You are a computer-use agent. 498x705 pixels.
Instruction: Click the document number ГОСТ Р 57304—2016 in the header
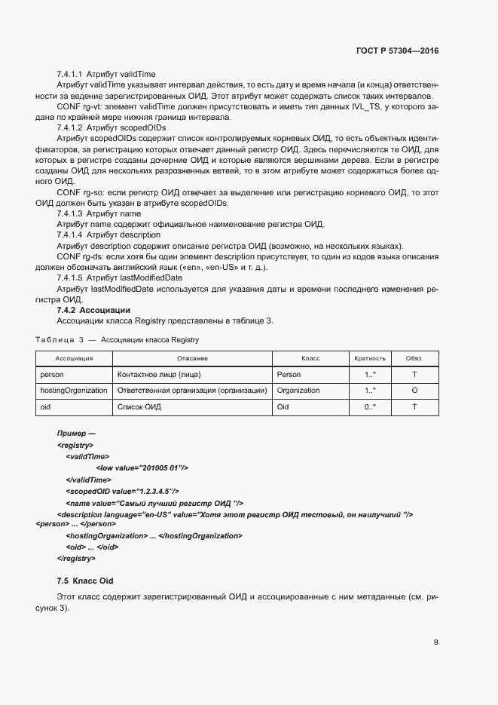(x=397, y=51)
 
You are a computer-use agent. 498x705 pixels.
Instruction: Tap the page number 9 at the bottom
(x=435, y=642)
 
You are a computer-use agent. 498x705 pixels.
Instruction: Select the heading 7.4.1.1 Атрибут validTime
(x=106, y=75)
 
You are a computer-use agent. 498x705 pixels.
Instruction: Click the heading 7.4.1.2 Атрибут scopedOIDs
(x=111, y=128)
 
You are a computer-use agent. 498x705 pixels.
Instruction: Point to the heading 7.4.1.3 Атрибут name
(x=99, y=214)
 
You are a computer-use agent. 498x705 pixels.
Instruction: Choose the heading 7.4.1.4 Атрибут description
(x=108, y=235)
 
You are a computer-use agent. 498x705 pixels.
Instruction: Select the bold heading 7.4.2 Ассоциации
(x=93, y=310)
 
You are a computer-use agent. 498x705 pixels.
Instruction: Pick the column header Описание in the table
(x=192, y=358)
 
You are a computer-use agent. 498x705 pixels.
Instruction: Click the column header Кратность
(x=370, y=358)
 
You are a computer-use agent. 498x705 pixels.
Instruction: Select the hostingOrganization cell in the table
(x=73, y=391)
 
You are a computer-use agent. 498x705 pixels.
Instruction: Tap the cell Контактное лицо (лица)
(x=159, y=374)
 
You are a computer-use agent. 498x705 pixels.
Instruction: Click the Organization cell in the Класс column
(x=298, y=391)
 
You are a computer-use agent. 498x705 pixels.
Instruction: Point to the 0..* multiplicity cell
(x=370, y=407)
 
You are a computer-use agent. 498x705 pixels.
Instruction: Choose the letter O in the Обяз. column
(x=415, y=391)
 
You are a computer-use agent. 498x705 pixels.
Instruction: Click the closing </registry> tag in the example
(x=76, y=558)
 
